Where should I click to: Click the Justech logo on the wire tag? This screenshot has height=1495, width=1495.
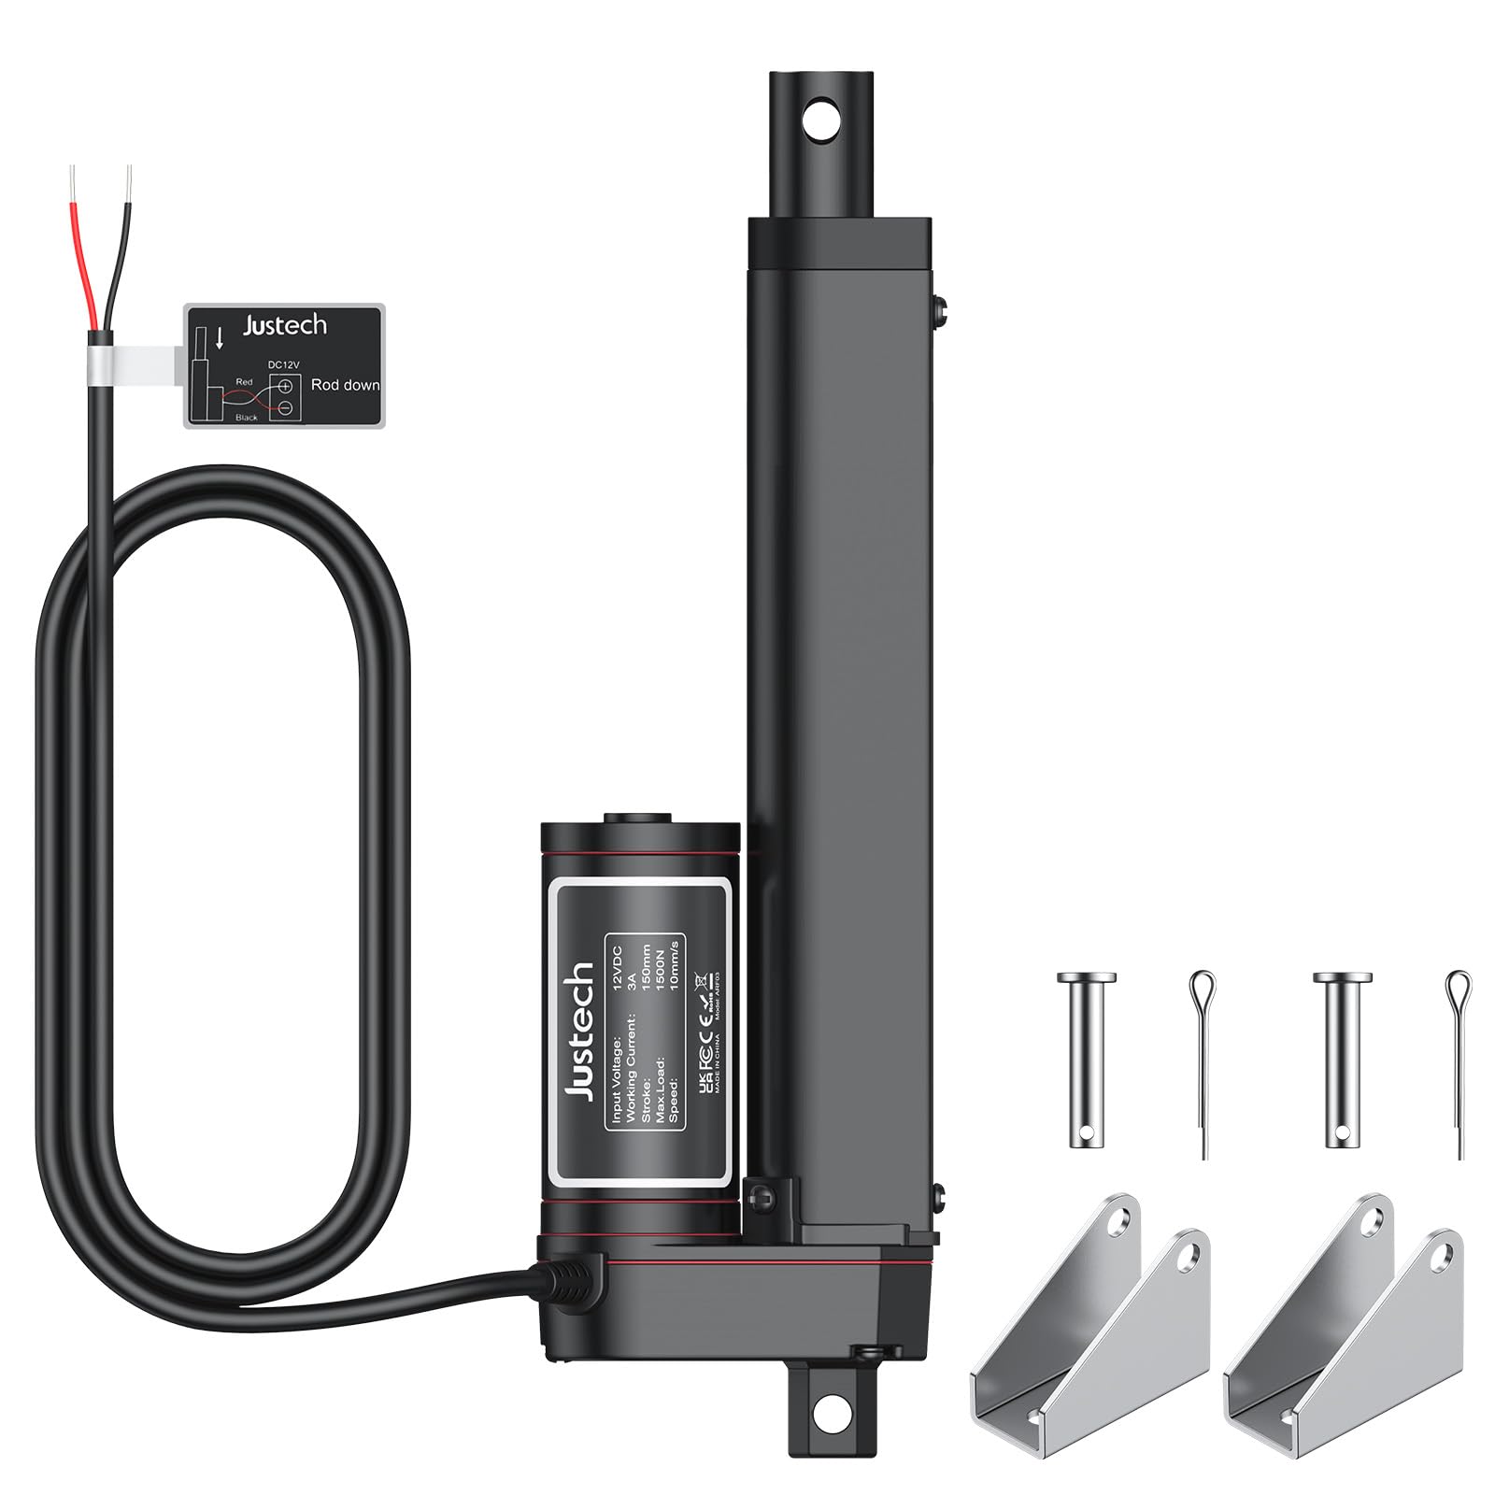click(x=285, y=325)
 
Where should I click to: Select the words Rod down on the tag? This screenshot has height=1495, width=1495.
click(x=345, y=385)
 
